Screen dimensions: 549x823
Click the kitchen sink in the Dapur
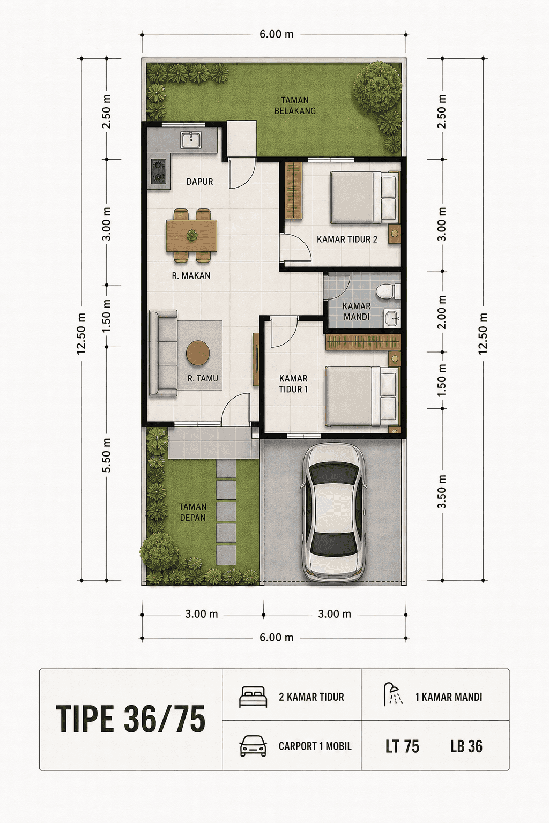point(190,140)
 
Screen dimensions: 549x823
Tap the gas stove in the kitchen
point(159,171)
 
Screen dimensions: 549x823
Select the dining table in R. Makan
point(191,236)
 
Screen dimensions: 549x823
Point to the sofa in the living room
point(164,353)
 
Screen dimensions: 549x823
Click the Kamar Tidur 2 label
point(347,240)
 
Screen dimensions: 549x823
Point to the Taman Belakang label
point(295,106)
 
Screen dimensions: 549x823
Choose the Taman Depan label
point(192,512)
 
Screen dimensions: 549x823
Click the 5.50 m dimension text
point(106,455)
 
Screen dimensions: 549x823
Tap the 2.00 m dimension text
point(442,312)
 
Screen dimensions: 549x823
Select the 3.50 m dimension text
point(442,491)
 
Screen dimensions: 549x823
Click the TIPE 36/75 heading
point(130,719)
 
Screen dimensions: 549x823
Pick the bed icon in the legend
point(253,697)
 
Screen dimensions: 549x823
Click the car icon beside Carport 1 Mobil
point(254,746)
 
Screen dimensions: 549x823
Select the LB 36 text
point(466,746)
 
